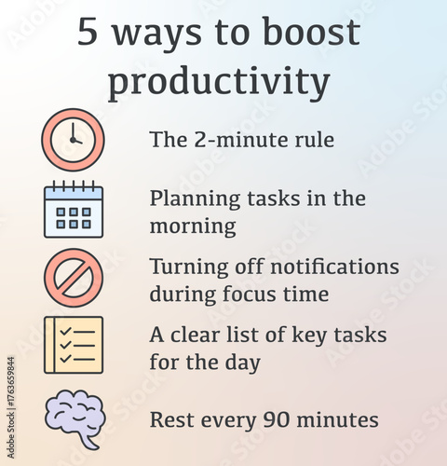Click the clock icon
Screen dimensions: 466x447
74,140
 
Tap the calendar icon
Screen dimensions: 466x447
74,210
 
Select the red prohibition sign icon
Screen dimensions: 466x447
74,278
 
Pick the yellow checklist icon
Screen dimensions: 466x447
74,345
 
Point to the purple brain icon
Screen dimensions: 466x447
74,418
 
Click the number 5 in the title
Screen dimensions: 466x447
87,34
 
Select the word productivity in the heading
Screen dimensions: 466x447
218,82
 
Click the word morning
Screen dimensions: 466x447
193,226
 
